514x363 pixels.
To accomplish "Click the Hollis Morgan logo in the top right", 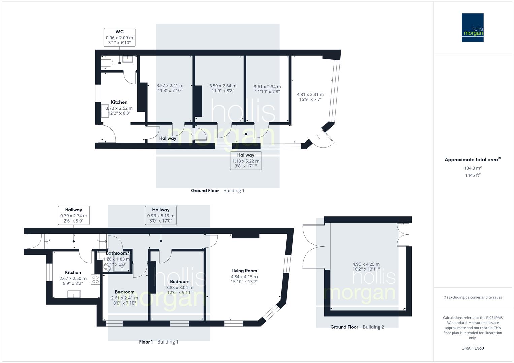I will (x=473, y=28).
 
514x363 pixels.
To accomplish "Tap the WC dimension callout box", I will (x=119, y=37).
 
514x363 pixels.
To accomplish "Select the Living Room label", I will (x=244, y=271).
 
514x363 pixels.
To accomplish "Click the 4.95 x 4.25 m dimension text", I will (x=366, y=264).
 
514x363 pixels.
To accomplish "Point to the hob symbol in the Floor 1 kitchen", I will (x=95, y=279).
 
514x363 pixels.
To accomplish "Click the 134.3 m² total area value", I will (x=473, y=168).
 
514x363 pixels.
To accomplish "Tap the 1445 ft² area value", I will (x=473, y=175).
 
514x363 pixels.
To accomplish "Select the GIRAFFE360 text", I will (x=473, y=348).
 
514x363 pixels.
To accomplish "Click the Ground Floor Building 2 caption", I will (x=357, y=327).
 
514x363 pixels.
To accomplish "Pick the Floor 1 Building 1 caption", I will (x=159, y=342).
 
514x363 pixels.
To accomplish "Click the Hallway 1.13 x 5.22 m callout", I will (x=245, y=160).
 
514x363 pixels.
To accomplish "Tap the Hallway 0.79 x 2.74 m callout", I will (x=74, y=215).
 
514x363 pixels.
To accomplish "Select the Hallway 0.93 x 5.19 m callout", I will (x=161, y=215).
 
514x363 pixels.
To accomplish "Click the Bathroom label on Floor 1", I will (x=116, y=253).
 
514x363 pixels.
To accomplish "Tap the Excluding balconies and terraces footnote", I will (x=473, y=297).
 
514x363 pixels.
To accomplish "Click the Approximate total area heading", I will (x=472, y=160).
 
